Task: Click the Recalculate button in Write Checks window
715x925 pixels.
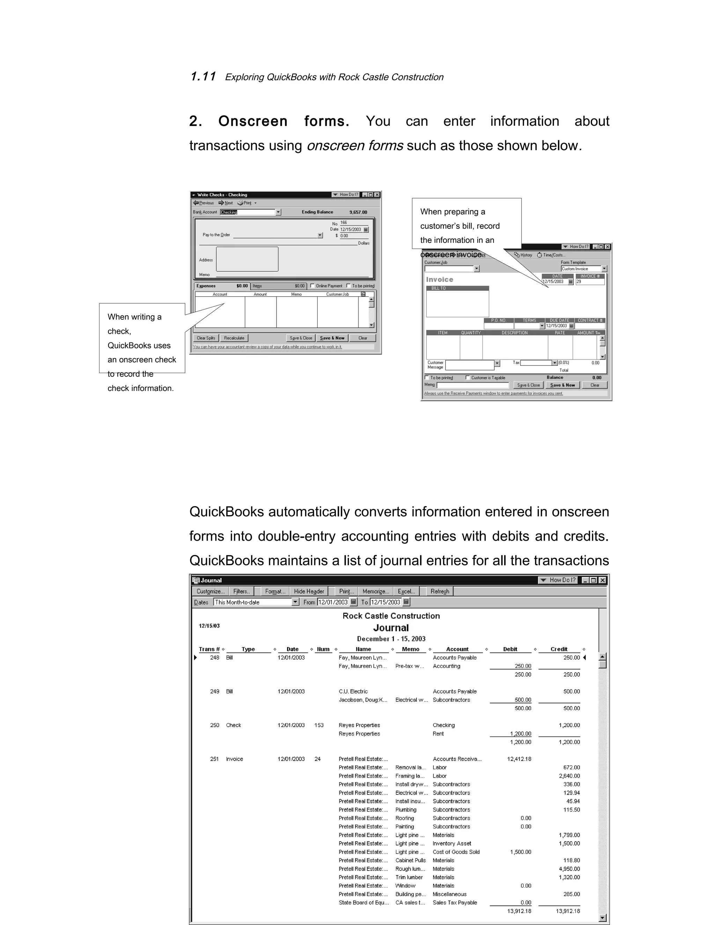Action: click(x=234, y=338)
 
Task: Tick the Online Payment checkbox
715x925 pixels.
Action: click(x=312, y=286)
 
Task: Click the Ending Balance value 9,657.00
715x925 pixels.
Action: click(x=358, y=212)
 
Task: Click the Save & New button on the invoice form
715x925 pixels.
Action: click(x=562, y=385)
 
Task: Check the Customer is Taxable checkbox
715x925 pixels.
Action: click(x=467, y=377)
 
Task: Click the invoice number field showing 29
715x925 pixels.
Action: click(x=589, y=282)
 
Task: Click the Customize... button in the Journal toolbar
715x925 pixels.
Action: click(x=211, y=591)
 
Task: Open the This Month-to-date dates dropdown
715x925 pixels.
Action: click(x=295, y=602)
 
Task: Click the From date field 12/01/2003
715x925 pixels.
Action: click(x=333, y=602)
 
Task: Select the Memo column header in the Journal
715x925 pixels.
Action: click(x=411, y=649)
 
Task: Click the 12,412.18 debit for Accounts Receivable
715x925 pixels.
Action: click(x=519, y=759)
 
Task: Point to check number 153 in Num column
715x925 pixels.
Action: click(x=319, y=725)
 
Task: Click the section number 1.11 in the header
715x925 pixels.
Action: click(x=203, y=77)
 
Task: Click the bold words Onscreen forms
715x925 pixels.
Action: click(x=283, y=121)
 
